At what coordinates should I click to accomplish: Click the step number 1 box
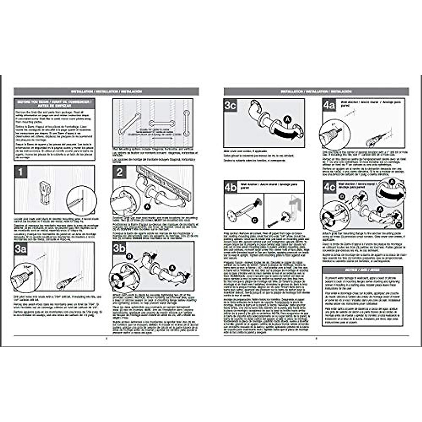21,172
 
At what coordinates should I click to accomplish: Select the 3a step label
21,249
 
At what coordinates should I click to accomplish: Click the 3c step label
230,105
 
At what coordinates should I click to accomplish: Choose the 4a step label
330,105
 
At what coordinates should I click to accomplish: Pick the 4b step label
231,187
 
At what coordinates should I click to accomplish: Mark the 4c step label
330,187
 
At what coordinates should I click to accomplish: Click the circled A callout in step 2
148,207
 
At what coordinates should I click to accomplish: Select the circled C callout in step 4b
255,220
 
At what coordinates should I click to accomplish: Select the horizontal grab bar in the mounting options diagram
161,124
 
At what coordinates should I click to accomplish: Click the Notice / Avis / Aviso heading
362,270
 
